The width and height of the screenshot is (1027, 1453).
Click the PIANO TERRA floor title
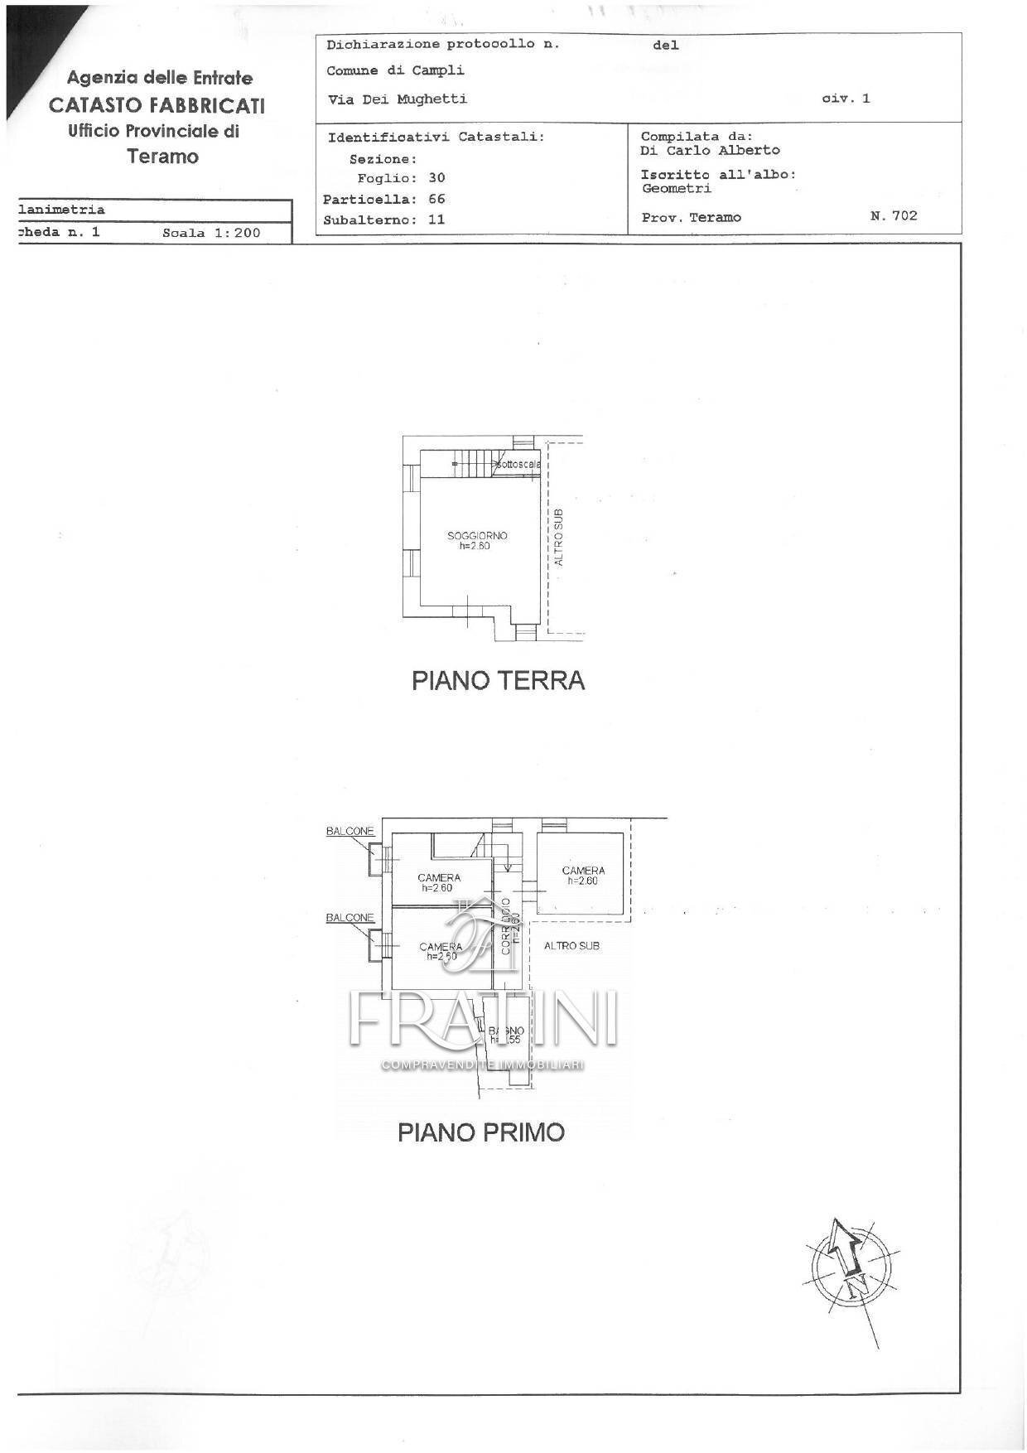click(498, 681)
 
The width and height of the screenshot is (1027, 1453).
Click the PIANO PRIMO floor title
click(480, 1132)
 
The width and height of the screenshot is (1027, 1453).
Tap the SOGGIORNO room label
click(477, 536)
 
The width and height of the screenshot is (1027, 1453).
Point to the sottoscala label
click(519, 465)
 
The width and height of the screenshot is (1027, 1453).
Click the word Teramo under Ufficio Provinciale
click(162, 157)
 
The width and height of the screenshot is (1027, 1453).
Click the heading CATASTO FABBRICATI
click(157, 105)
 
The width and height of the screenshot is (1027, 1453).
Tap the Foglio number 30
click(436, 178)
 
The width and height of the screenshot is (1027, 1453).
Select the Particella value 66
click(436, 200)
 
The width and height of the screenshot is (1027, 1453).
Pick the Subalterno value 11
click(436, 220)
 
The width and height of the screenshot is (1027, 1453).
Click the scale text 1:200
click(236, 234)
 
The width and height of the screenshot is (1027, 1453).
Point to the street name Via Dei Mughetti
click(398, 99)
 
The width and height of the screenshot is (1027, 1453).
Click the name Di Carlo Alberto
click(710, 151)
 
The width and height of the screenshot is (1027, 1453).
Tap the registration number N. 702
click(894, 216)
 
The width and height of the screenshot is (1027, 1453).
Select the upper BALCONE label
click(350, 831)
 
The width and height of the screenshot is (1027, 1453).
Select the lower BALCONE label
click(350, 918)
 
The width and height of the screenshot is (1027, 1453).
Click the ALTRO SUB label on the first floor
click(571, 946)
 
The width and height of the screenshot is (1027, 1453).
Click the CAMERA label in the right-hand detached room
click(583, 871)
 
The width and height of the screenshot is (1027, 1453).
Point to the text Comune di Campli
click(395, 71)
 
